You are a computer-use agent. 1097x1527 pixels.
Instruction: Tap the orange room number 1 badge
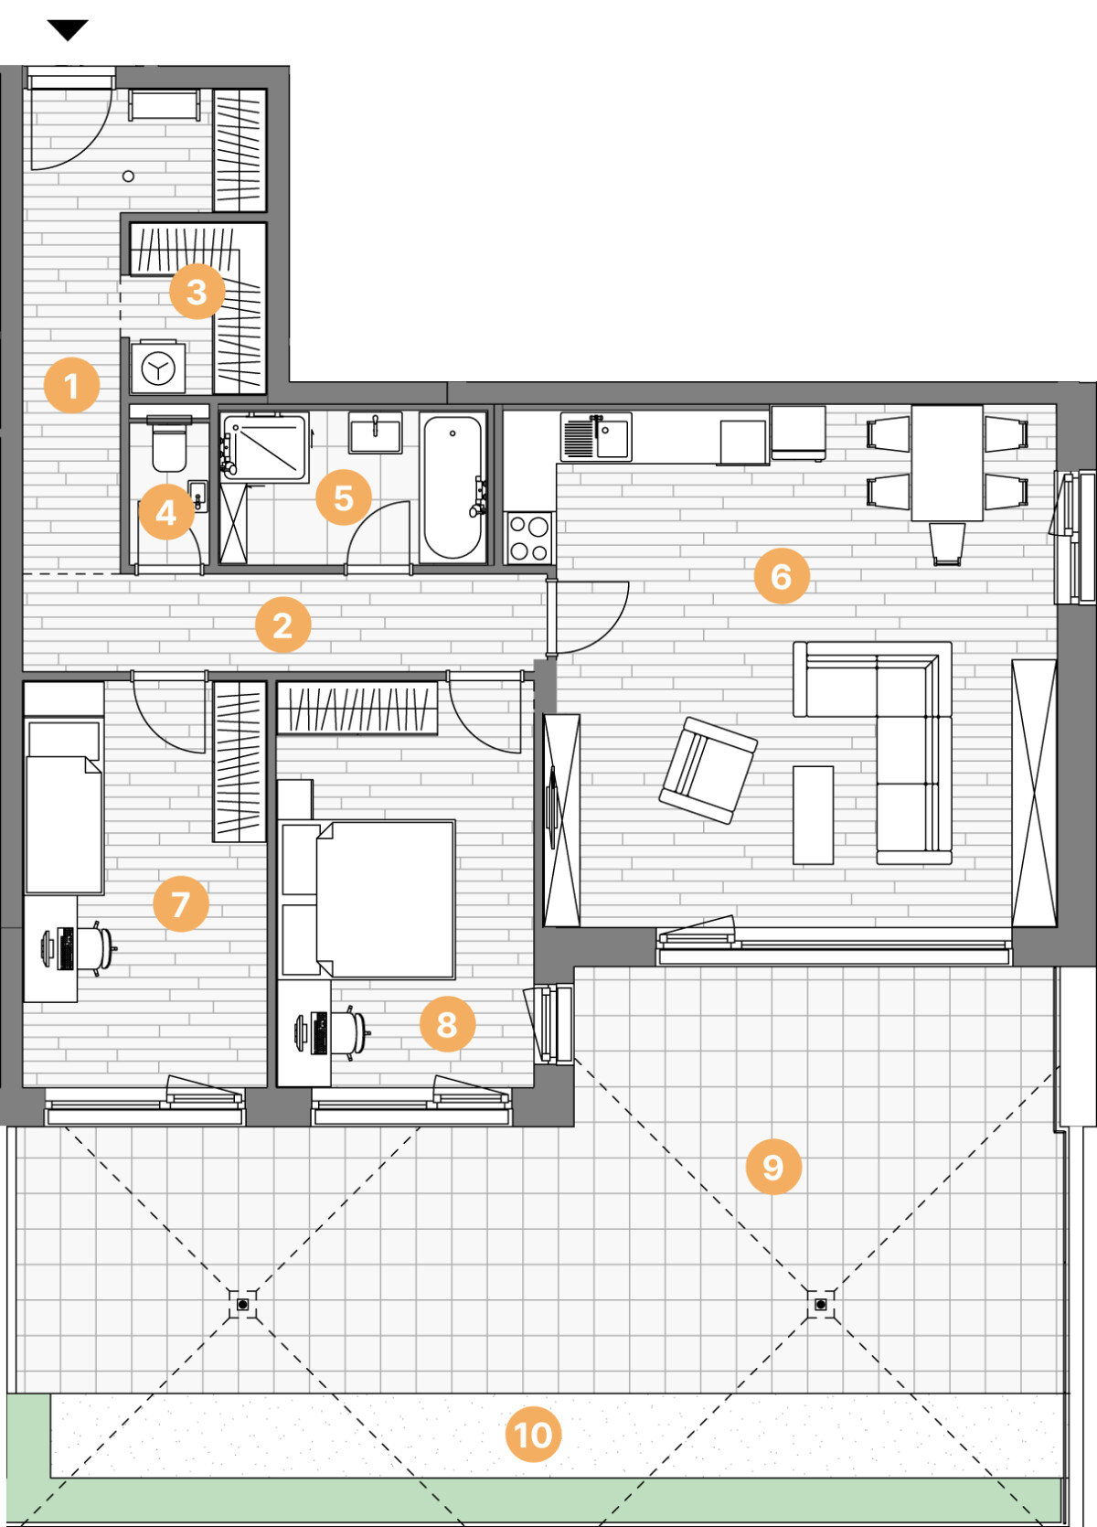point(71,385)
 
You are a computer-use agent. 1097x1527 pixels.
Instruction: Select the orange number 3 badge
point(197,291)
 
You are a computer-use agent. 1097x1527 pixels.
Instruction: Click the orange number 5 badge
point(344,497)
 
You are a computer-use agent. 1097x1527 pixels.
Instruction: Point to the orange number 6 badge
point(782,576)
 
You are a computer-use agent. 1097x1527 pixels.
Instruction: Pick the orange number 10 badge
point(533,1435)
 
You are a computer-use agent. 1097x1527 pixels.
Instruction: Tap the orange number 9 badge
point(773,1167)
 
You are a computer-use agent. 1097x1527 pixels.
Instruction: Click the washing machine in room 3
point(158,368)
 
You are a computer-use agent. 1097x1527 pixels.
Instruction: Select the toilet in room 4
point(168,444)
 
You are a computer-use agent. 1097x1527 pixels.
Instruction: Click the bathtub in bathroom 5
point(453,486)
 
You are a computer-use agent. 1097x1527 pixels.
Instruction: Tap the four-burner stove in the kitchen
point(528,539)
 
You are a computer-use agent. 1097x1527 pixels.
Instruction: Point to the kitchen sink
point(596,437)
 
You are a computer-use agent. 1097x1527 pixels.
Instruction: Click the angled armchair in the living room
point(708,770)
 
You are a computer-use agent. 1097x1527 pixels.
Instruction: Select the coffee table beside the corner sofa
point(813,816)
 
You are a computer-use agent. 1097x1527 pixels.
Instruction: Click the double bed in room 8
point(385,899)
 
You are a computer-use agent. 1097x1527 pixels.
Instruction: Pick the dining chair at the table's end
point(947,543)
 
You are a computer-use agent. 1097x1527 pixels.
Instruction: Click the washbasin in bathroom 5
point(375,432)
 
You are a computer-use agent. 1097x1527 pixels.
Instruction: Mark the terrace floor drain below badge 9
point(820,1304)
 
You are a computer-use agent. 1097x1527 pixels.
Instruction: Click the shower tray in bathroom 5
point(264,446)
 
